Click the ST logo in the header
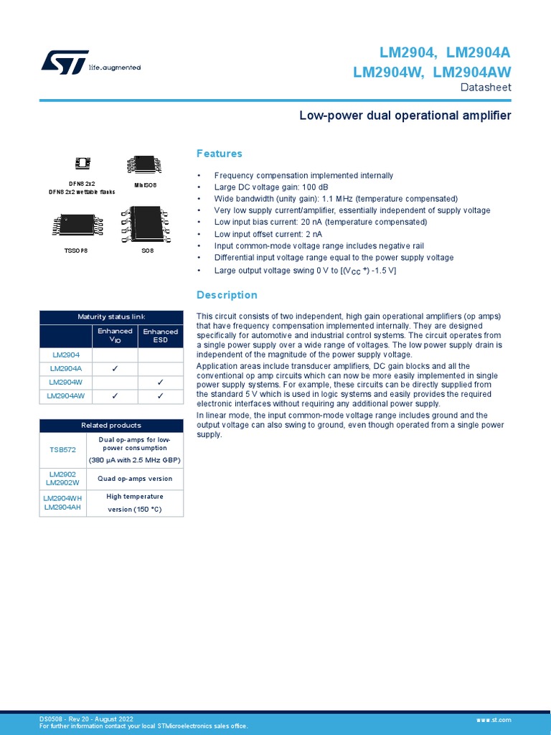click(65, 62)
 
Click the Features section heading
click(220, 154)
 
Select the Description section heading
click(227, 295)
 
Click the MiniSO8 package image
click(144, 164)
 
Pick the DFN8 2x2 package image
click(82, 162)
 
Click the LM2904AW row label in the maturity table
click(66, 395)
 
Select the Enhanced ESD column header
click(160, 335)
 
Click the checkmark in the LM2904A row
click(115, 368)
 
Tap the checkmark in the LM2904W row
click(160, 382)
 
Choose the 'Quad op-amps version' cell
click(135, 479)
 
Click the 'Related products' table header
click(111, 426)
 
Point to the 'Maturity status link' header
click(111, 317)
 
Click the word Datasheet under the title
click(485, 88)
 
